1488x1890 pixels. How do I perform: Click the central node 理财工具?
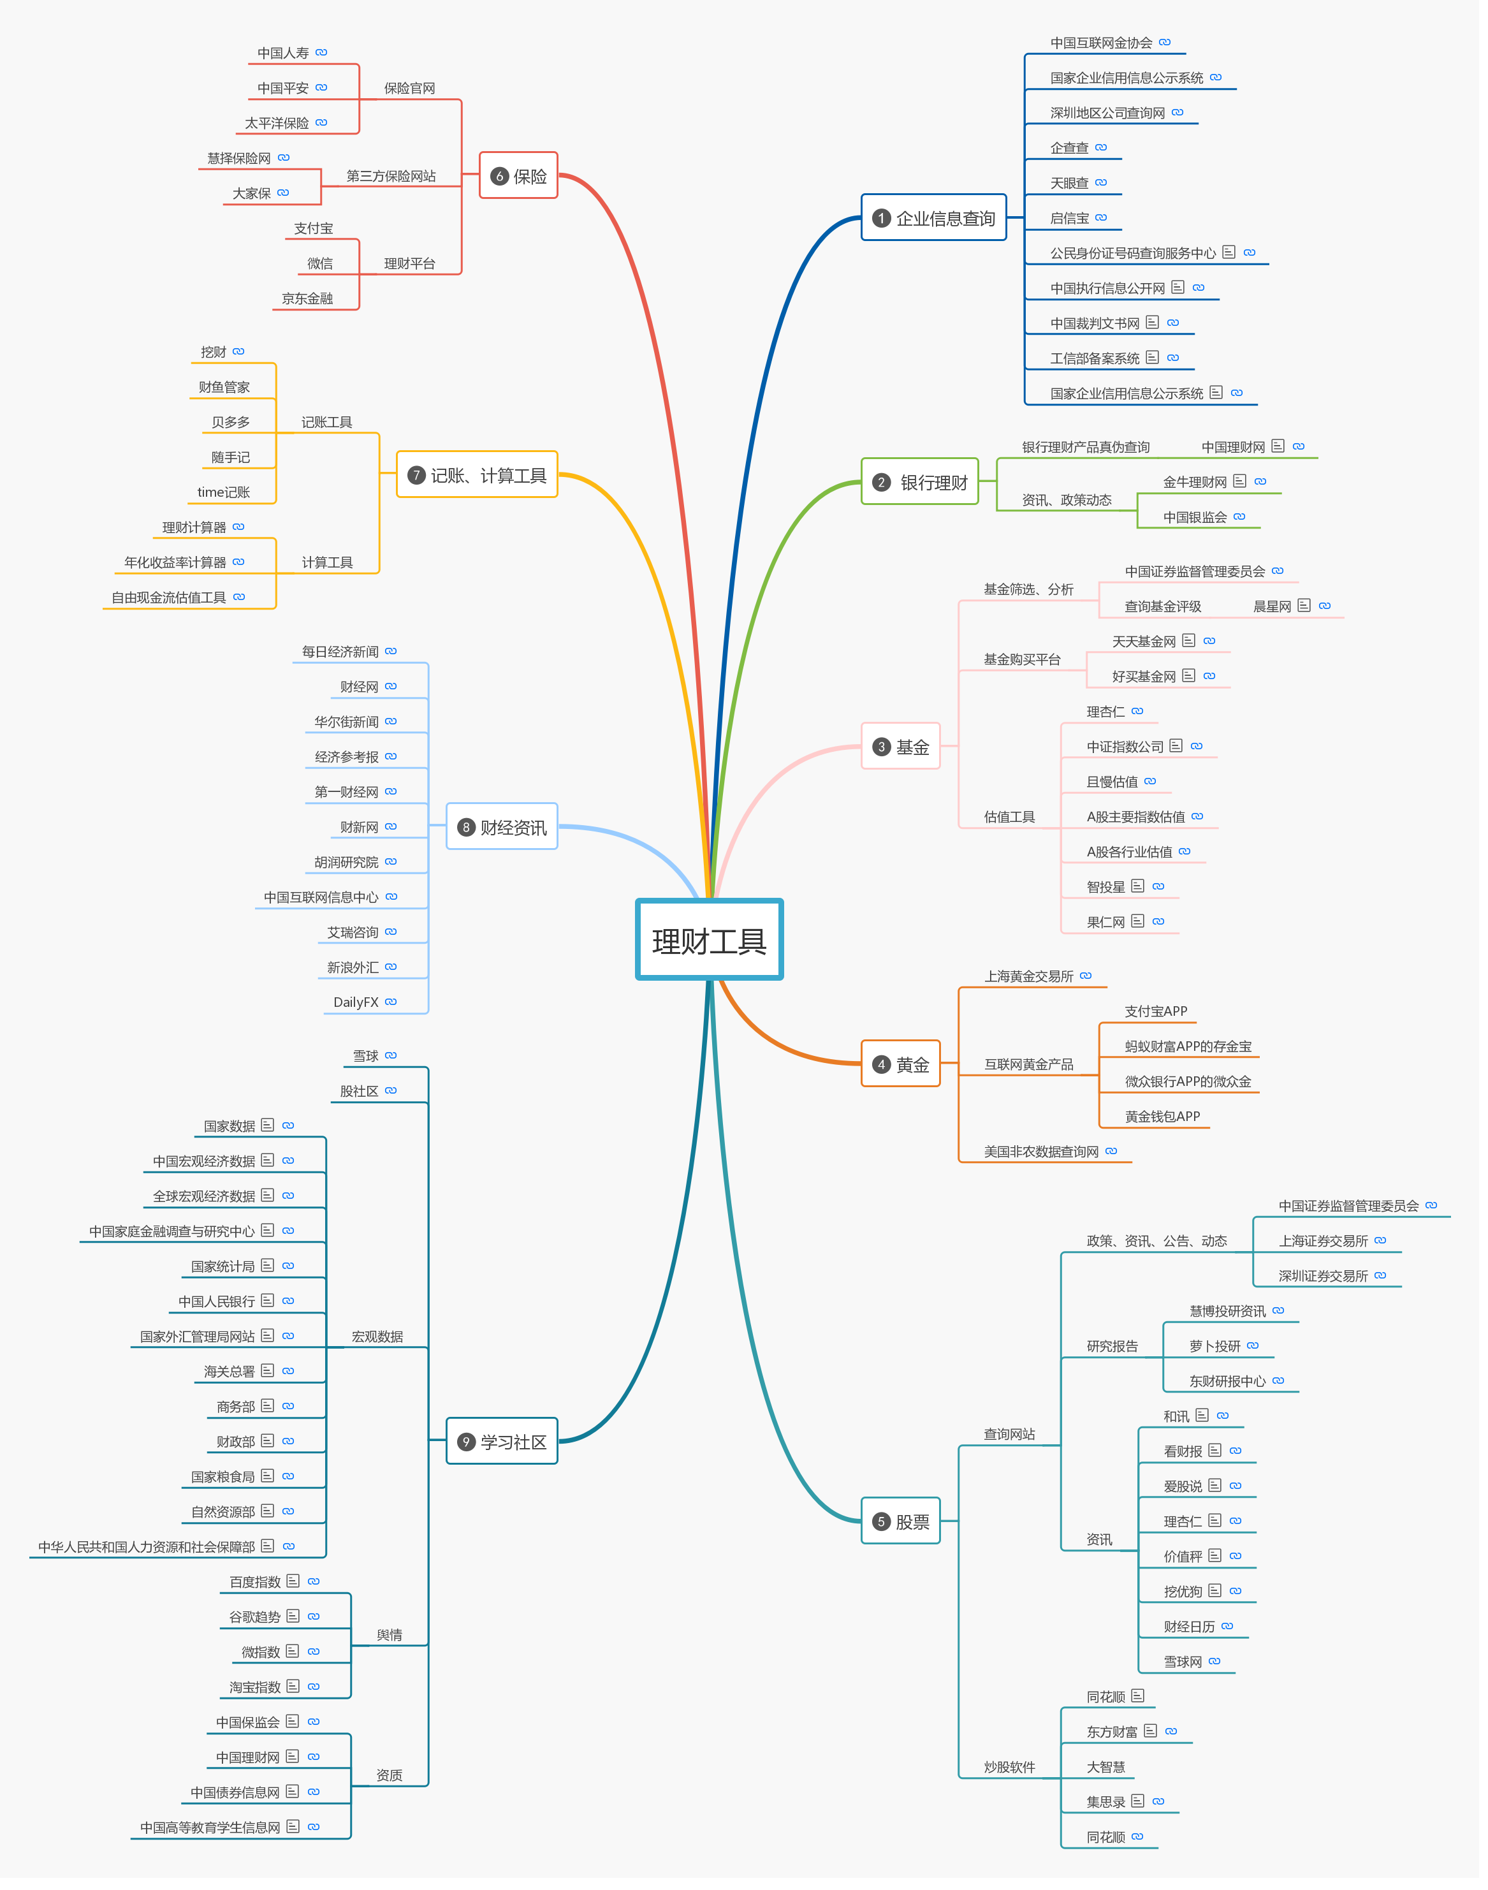tap(709, 940)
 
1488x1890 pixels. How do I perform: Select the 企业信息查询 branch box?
tap(934, 218)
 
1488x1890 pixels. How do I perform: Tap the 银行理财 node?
tap(920, 482)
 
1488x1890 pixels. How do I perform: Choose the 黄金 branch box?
tap(901, 1064)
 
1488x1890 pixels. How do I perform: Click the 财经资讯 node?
tap(502, 827)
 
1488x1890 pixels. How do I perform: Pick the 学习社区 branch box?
tap(502, 1441)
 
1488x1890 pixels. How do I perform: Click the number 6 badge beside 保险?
tap(499, 176)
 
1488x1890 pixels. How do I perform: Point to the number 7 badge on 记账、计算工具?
tap(416, 475)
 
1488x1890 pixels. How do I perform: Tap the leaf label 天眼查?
tap(1069, 183)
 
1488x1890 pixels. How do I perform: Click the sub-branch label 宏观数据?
tap(377, 1337)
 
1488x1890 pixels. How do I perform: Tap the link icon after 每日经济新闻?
tap(391, 651)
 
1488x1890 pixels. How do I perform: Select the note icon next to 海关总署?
tap(268, 1371)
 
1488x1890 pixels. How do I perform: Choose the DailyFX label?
tap(356, 1002)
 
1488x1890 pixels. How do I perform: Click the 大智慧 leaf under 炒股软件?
tap(1105, 1766)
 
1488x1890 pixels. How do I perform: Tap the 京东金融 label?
tap(307, 298)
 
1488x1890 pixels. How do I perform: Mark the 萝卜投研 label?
tap(1214, 1346)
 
